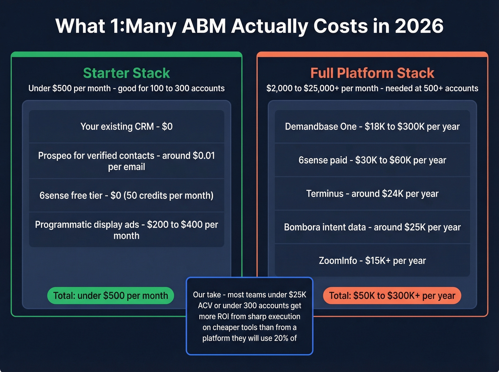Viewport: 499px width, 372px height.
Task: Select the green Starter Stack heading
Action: tap(127, 73)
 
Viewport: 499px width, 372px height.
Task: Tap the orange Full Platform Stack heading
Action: tap(372, 73)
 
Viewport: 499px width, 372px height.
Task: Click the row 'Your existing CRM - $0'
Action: tap(127, 126)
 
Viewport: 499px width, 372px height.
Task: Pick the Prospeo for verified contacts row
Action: tap(127, 161)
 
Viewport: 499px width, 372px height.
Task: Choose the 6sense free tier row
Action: tap(127, 195)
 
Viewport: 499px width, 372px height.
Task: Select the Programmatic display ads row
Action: tap(127, 230)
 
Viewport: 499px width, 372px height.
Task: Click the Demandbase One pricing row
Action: tap(372, 126)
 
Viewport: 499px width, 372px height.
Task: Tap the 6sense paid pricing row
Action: tap(372, 160)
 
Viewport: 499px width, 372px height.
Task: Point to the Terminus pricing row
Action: tap(372, 194)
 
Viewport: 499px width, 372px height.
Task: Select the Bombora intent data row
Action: tap(372, 227)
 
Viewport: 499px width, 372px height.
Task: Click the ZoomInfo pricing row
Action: tap(372, 261)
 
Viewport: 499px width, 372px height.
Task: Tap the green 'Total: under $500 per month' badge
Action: tap(110, 295)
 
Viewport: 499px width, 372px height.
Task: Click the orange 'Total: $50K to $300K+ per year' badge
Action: tap(392, 295)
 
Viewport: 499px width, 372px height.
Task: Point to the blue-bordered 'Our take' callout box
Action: tap(249, 316)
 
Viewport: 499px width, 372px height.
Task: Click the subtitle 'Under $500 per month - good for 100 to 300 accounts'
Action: tap(127, 88)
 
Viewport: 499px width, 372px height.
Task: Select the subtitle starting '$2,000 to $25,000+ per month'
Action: tap(372, 88)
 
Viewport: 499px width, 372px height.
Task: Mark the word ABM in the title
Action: tap(204, 26)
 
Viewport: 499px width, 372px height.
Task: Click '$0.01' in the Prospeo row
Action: tap(204, 156)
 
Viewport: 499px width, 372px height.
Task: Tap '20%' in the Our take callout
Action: tap(281, 338)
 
